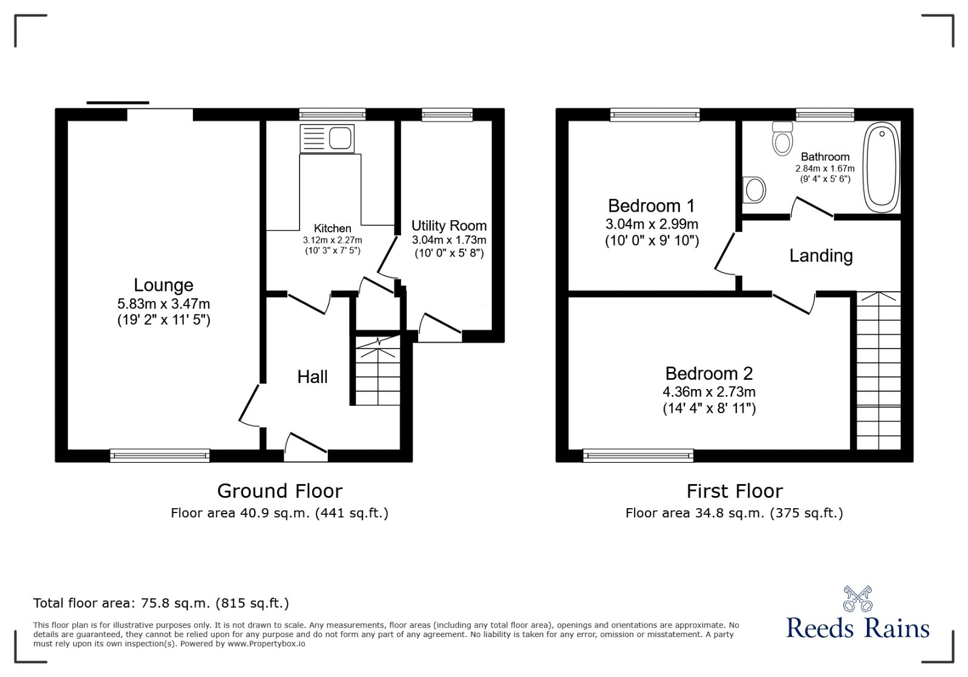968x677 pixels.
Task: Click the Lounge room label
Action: [163, 285]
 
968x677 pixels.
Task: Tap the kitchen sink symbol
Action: [327, 139]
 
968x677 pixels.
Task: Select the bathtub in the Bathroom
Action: [881, 166]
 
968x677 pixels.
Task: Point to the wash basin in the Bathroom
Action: [754, 190]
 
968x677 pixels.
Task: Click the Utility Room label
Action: [449, 226]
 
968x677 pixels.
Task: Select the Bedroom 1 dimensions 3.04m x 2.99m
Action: [652, 224]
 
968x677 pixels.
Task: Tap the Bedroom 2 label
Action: [708, 373]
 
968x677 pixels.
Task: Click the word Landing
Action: [820, 255]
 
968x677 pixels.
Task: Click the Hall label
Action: [312, 377]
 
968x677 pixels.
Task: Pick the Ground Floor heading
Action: [280, 491]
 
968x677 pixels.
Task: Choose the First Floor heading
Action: [734, 491]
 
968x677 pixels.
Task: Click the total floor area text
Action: [161, 603]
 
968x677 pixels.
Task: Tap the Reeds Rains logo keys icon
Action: [857, 598]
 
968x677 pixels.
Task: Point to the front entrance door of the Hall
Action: [306, 448]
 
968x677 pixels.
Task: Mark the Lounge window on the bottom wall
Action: [160, 456]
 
